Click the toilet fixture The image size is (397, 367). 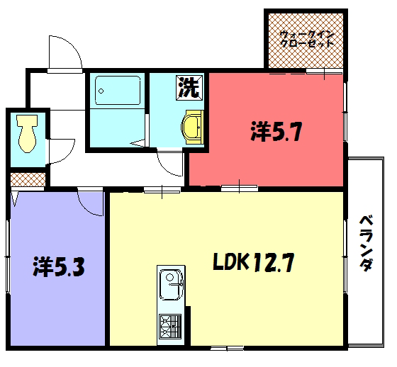click(x=27, y=133)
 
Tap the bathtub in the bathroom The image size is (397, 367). click(x=118, y=90)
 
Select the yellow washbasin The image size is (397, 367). click(x=192, y=127)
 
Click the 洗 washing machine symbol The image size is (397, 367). click(x=190, y=88)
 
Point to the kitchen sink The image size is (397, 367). click(x=171, y=285)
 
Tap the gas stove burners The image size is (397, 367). click(x=170, y=327)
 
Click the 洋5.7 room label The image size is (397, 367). click(x=276, y=131)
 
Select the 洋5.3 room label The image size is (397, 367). click(x=58, y=266)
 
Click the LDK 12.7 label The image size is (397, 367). click(x=254, y=262)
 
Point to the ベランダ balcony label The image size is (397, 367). click(x=367, y=243)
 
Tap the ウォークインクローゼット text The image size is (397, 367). click(x=307, y=39)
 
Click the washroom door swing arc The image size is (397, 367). click(x=165, y=168)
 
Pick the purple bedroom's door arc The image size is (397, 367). click(x=86, y=209)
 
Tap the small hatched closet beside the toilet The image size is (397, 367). click(x=28, y=179)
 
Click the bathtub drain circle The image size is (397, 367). click(x=101, y=91)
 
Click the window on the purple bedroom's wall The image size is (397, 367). click(x=8, y=256)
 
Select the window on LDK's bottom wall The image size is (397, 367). click(x=227, y=348)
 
